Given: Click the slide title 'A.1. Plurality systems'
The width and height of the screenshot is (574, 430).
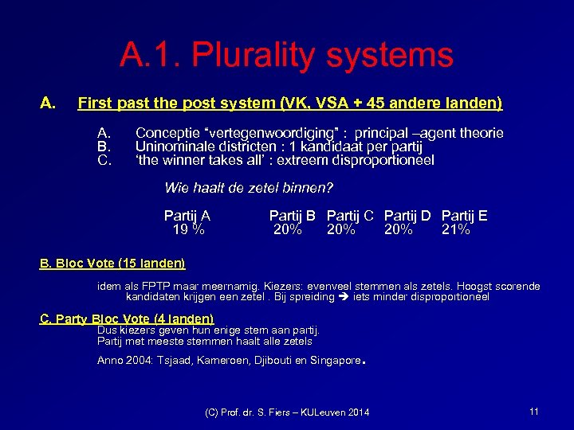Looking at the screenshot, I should click(286, 56).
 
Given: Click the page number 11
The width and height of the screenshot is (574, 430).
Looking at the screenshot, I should click(533, 411).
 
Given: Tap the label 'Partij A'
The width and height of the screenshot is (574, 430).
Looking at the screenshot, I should click(187, 216).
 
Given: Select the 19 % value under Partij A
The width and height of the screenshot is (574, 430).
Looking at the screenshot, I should click(188, 230).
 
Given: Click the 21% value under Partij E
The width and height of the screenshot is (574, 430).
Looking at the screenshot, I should click(456, 230).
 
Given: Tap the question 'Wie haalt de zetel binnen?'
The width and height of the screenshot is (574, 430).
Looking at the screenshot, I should click(248, 188).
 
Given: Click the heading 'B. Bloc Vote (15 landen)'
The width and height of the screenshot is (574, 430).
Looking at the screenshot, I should click(112, 264).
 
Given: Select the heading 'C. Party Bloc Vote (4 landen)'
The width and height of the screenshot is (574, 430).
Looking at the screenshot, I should click(127, 319).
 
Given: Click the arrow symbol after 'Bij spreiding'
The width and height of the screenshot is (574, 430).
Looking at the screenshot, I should click(344, 297).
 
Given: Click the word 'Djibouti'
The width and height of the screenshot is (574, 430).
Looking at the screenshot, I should click(275, 361).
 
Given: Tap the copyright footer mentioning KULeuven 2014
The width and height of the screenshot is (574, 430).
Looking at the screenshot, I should click(287, 412).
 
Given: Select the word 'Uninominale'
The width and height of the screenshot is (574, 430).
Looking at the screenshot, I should click(172, 147).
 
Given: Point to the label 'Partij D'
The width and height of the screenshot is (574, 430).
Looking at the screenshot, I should click(407, 216).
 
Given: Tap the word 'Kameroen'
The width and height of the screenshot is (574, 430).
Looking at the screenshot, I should click(223, 361).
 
